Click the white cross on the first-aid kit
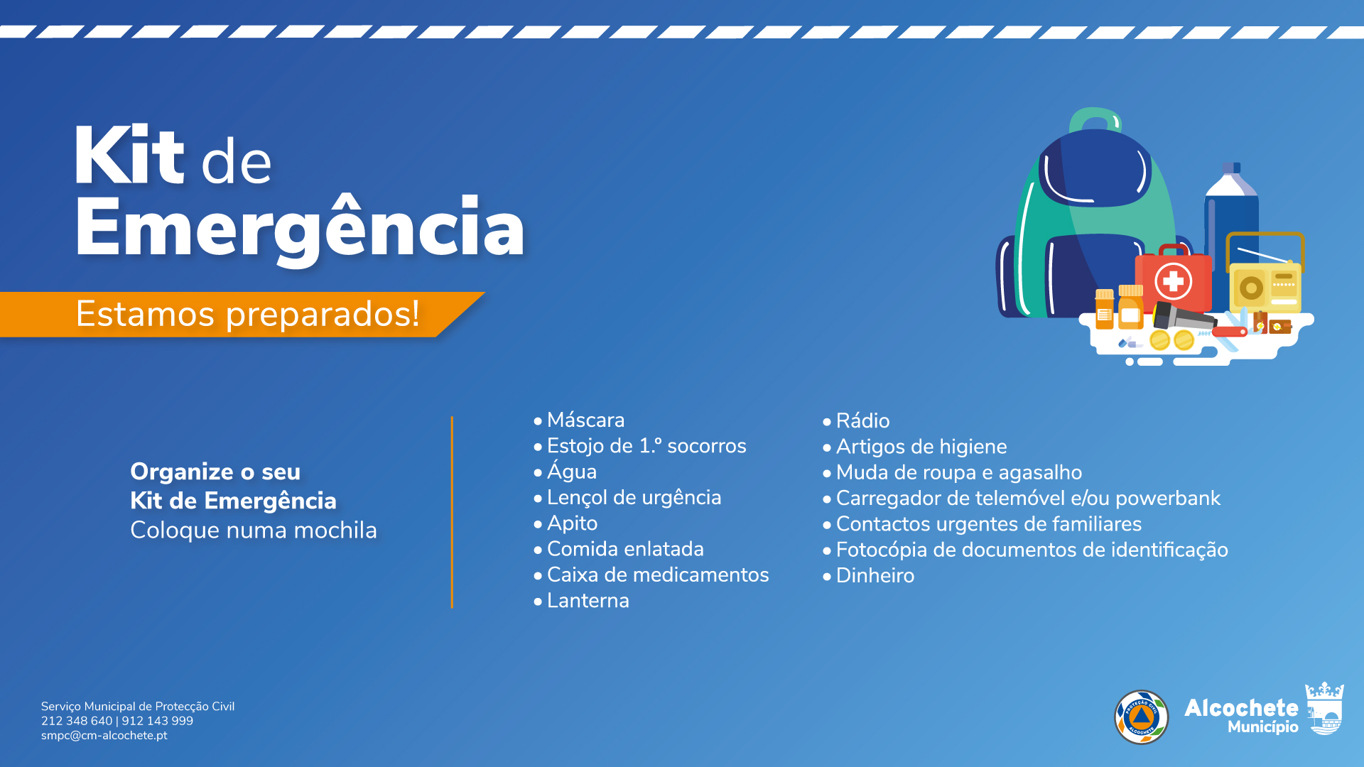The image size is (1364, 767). click(1173, 281)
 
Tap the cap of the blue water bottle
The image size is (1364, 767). click(1231, 168)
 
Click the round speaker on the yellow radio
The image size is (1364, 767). click(1251, 288)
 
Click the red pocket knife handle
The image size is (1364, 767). click(1230, 331)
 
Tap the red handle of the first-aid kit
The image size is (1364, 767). click(1174, 250)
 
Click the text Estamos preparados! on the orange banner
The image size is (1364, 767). click(247, 314)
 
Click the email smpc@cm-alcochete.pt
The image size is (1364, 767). click(104, 736)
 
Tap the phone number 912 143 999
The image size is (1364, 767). click(157, 721)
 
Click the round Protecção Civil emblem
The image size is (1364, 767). click(1141, 717)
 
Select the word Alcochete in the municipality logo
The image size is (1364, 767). click(1241, 708)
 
